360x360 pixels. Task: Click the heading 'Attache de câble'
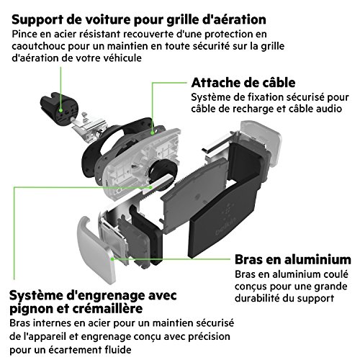[243, 83]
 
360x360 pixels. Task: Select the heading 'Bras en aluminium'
[293, 259]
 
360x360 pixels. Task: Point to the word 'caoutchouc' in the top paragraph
[38, 46]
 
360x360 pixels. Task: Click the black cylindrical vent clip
[59, 109]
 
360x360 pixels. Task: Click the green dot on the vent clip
[61, 111]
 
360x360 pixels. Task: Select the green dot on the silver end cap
[112, 259]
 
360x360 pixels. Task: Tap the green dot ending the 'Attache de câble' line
[152, 132]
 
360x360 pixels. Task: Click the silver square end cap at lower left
[96, 250]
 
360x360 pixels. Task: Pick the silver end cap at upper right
[261, 143]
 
